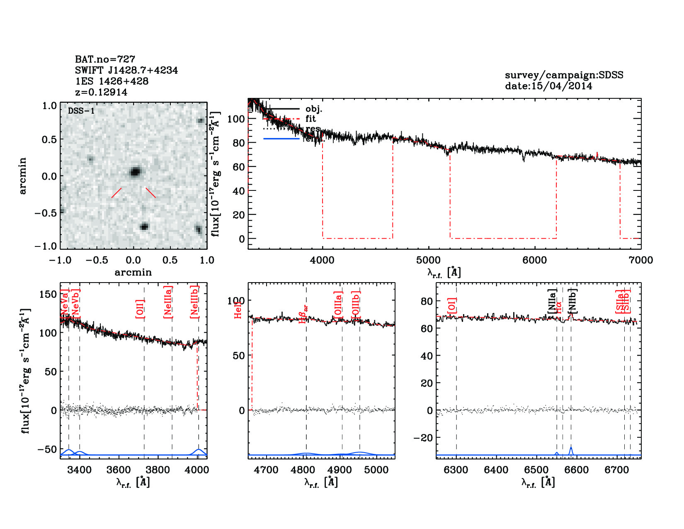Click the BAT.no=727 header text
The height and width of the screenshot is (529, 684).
point(105,59)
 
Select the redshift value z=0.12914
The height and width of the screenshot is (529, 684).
point(101,92)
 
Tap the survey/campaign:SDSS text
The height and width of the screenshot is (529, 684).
point(564,75)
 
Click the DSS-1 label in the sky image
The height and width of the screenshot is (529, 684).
point(81,111)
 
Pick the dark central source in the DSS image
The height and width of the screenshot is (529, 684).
point(135,172)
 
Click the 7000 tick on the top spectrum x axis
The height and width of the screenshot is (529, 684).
point(640,260)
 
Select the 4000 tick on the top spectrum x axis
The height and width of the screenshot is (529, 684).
point(322,260)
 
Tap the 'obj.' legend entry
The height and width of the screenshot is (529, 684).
point(313,109)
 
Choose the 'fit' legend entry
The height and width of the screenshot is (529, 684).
point(310,119)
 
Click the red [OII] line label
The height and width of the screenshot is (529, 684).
point(140,309)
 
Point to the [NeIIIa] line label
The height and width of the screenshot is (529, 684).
point(168,302)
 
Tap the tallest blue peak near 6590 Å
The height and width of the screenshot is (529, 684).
point(571,448)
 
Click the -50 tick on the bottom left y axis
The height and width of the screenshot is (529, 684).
point(46,449)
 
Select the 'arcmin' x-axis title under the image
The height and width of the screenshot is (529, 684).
point(133,273)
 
